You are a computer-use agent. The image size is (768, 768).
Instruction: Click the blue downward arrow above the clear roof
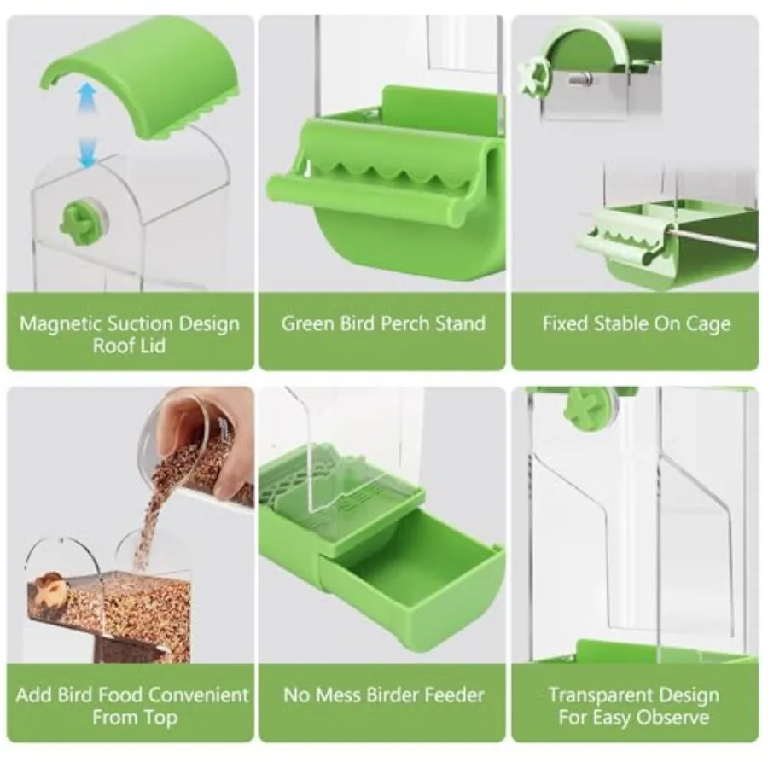[x=88, y=153]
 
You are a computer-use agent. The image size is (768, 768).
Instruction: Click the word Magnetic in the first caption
[x=61, y=324]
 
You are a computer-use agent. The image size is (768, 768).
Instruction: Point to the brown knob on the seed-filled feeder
[x=50, y=587]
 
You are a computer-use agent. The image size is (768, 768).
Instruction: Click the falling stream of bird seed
[x=148, y=523]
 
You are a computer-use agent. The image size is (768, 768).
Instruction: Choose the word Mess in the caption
[x=339, y=695]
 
